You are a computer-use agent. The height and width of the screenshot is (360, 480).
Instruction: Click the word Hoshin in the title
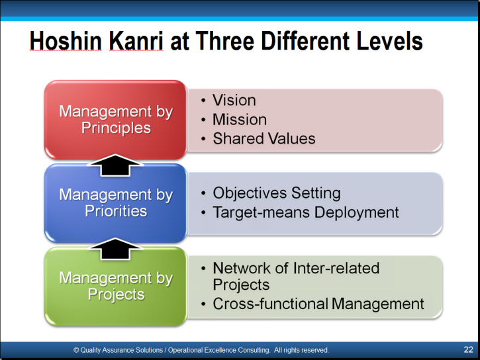pyautogui.click(x=66, y=40)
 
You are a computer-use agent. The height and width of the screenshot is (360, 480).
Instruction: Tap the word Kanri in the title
pyautogui.click(x=136, y=40)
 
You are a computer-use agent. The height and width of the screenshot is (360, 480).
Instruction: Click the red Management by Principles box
pyautogui.click(x=116, y=120)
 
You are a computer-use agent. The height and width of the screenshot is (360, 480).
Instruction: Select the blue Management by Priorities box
pyautogui.click(x=116, y=202)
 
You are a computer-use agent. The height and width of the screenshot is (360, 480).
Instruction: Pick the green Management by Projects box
pyautogui.click(x=116, y=287)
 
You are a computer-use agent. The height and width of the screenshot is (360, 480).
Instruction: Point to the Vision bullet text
pyautogui.click(x=234, y=100)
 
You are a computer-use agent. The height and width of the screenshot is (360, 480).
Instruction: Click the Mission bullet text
pyautogui.click(x=240, y=119)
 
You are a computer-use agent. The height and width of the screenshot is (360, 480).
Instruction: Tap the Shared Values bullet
pyautogui.click(x=264, y=138)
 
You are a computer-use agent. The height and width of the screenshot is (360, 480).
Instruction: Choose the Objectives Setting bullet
pyautogui.click(x=277, y=193)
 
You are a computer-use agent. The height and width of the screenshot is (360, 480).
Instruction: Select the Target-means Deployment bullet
pyautogui.click(x=305, y=212)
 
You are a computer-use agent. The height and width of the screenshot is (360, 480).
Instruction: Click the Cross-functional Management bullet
pyautogui.click(x=318, y=304)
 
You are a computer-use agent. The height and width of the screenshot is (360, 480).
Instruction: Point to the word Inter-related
pyautogui.click(x=336, y=268)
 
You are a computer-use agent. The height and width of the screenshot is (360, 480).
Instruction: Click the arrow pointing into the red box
pyautogui.click(x=115, y=165)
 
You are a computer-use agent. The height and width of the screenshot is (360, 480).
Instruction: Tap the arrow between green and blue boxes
pyautogui.click(x=115, y=249)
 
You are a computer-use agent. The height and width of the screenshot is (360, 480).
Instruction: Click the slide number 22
pyautogui.click(x=468, y=349)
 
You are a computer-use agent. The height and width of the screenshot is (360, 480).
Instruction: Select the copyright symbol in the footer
pyautogui.click(x=76, y=350)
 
